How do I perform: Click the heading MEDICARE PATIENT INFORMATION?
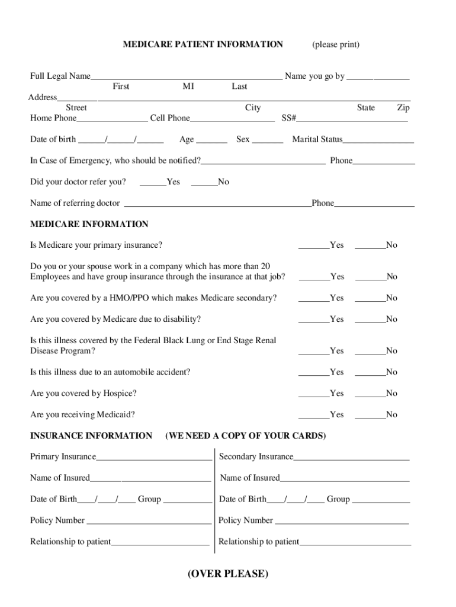(203, 44)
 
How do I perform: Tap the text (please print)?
(336, 44)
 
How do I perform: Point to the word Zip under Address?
(403, 108)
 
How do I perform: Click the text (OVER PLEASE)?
(228, 574)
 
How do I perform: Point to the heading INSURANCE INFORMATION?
(91, 436)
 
